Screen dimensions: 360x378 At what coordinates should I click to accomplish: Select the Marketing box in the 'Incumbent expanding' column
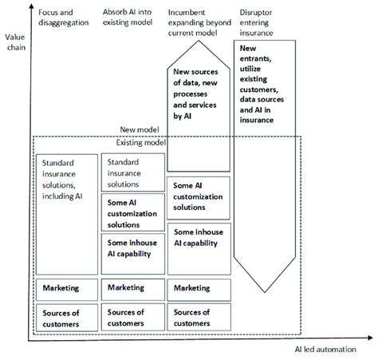tap(199, 288)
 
